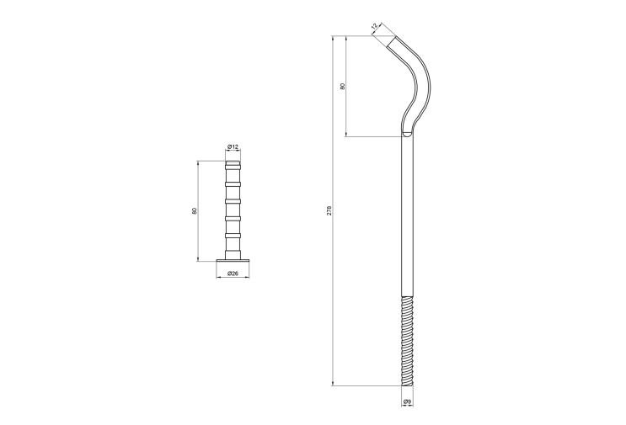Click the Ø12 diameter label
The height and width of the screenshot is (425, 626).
[233, 147]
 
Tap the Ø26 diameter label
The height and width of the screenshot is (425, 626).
[233, 274]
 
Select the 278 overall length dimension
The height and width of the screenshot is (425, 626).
[329, 211]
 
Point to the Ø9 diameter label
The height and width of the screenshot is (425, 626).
[408, 401]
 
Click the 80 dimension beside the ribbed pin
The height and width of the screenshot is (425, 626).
[195, 211]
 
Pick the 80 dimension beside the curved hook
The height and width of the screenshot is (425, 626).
[342, 86]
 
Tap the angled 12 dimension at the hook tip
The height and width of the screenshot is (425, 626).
[374, 27]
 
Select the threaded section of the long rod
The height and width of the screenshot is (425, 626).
[407, 341]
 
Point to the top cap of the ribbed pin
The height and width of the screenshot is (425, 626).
[233, 163]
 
